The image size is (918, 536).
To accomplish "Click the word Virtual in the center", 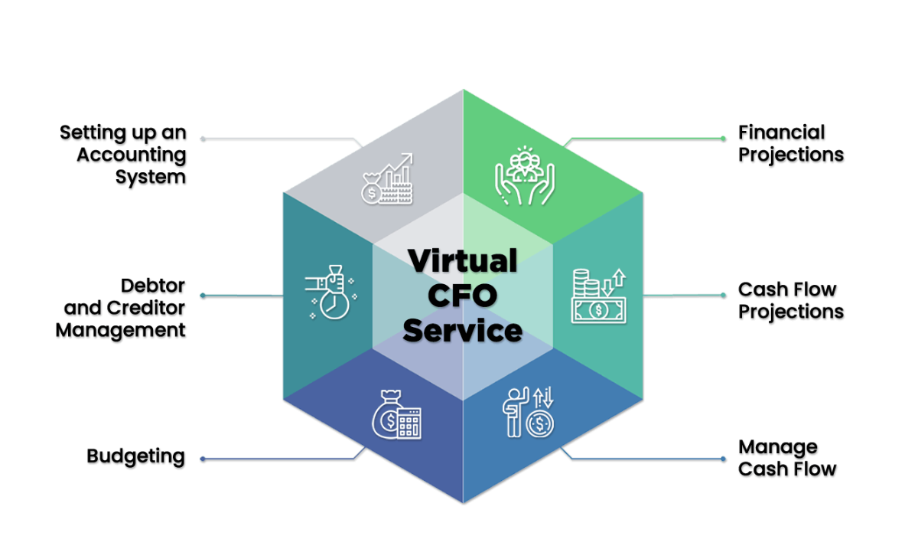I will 462,260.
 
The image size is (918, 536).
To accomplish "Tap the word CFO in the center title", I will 462,296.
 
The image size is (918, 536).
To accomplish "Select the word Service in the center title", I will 462,331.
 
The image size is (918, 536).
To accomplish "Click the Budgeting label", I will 135,457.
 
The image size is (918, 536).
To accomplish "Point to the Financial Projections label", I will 790,143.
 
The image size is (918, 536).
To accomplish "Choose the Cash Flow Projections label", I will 790,301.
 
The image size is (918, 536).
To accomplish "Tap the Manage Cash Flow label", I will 787,458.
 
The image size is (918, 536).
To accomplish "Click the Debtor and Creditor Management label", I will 121,308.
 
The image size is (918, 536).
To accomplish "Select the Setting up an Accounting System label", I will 123,155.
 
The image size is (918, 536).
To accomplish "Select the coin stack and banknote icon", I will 599,296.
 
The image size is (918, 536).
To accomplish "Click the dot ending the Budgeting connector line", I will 203,459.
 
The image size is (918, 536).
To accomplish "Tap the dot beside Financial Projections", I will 723,139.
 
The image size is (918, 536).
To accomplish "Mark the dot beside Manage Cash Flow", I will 723,459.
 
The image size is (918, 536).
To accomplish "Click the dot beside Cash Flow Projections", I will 723,296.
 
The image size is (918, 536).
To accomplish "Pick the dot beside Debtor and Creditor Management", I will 203,296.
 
